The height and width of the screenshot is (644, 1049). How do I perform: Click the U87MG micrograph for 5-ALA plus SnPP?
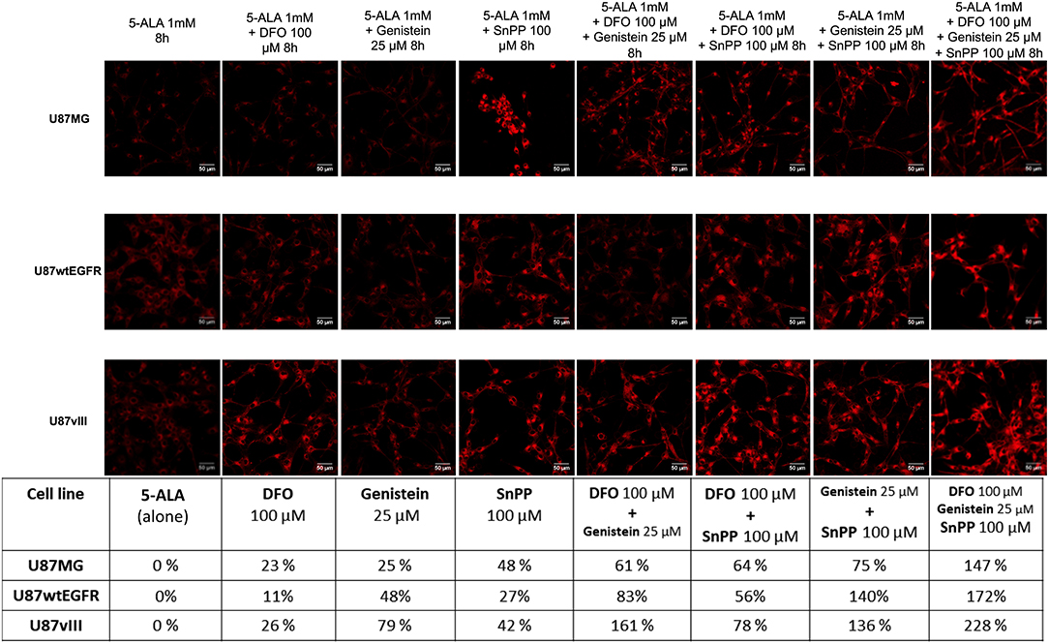516,119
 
